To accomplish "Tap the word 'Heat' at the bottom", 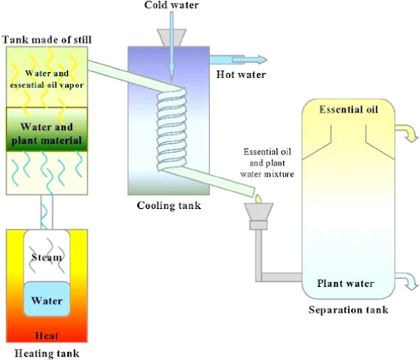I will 46,337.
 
